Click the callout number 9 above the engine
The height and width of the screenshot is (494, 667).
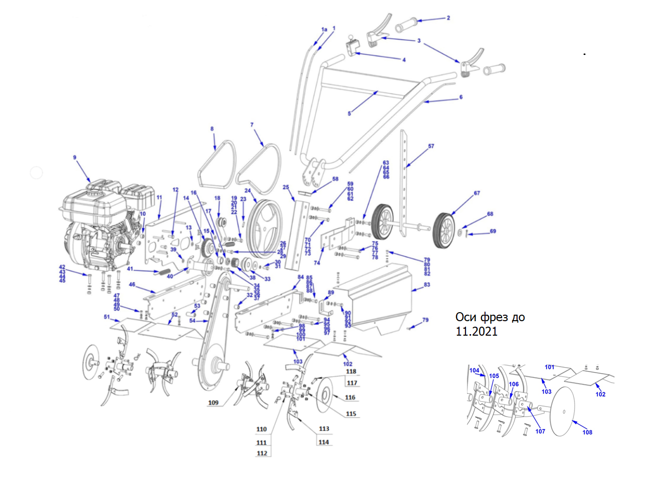point(75,158)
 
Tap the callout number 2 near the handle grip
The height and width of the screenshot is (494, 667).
point(448,18)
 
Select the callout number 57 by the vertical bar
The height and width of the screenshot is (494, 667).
point(431,146)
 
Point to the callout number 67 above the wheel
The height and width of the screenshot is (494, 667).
point(477,193)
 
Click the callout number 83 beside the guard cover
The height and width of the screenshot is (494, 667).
point(427,285)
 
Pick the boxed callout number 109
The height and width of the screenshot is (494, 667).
point(213,403)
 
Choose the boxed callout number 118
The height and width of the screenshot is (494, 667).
point(351,372)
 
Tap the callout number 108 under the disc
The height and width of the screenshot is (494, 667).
point(587,433)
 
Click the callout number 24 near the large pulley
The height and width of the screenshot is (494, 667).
point(247,191)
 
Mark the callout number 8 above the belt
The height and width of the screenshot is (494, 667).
point(212,129)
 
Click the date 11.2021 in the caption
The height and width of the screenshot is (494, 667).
point(476,331)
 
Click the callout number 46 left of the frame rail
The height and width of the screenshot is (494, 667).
point(132,285)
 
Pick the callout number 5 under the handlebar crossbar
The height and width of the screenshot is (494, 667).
point(349,114)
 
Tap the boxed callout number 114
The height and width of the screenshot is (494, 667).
point(324,442)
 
